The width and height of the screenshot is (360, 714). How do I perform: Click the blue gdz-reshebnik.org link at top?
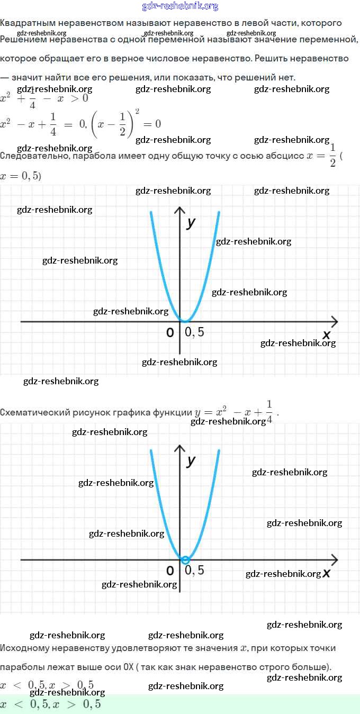click(x=180, y=6)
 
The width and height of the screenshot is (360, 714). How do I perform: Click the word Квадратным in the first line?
click(x=25, y=23)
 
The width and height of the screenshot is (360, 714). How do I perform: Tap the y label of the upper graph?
click(x=191, y=222)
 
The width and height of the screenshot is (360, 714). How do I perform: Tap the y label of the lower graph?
click(x=191, y=460)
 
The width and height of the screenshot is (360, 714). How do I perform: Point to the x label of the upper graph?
click(x=326, y=335)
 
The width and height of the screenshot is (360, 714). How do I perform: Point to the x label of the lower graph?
click(x=327, y=573)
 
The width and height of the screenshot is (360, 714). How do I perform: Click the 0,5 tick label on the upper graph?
click(x=194, y=332)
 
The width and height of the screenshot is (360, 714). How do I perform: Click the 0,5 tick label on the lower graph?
click(x=194, y=570)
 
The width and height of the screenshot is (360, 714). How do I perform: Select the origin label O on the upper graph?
click(x=170, y=332)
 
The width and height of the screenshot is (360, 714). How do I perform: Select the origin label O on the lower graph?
click(x=170, y=571)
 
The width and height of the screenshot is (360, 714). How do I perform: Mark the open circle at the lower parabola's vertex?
click(x=185, y=560)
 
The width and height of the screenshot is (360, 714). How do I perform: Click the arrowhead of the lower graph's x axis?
click(x=335, y=559)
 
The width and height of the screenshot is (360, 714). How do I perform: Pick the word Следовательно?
click(x=33, y=156)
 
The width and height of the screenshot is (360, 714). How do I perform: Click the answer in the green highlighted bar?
click(x=50, y=704)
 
